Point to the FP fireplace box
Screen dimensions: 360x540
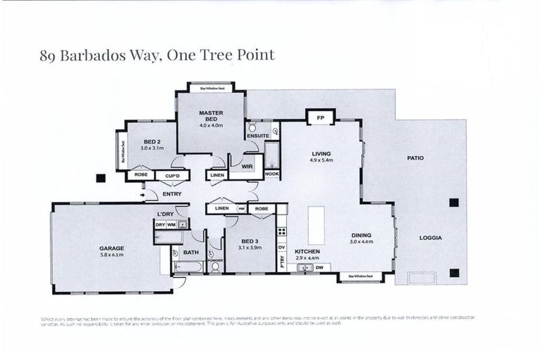pyautogui.click(x=320, y=117)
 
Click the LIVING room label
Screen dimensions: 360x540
pyautogui.click(x=321, y=153)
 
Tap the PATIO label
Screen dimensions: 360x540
pyautogui.click(x=415, y=157)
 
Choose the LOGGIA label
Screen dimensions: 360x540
pyautogui.click(x=430, y=238)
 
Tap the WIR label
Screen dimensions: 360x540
pyautogui.click(x=247, y=166)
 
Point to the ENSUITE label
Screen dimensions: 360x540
pyautogui.click(x=257, y=136)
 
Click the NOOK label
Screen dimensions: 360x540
pyautogui.click(x=271, y=174)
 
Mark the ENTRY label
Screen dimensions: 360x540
pyautogui.click(x=172, y=194)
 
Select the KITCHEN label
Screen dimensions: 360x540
pyautogui.click(x=307, y=251)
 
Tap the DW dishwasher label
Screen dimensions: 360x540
pyautogui.click(x=319, y=267)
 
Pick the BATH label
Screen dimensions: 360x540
pyautogui.click(x=191, y=252)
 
